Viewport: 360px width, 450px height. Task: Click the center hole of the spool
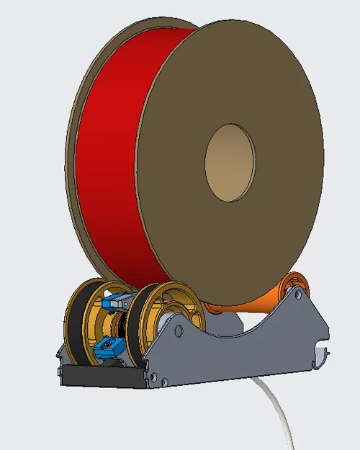point(230,163)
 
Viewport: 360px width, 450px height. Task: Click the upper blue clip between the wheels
point(113,303)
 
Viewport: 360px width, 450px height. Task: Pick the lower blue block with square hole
point(108,348)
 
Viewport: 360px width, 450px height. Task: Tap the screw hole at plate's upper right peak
point(300,292)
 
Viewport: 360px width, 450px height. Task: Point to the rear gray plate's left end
point(61,353)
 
